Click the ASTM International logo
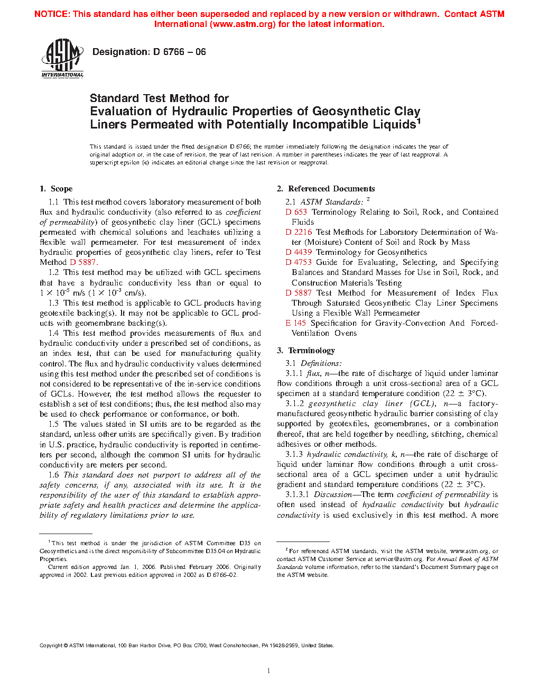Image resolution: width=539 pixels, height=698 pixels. (x=62, y=59)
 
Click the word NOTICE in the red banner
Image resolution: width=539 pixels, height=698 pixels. (x=51, y=14)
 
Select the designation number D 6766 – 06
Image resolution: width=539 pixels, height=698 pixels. (x=179, y=52)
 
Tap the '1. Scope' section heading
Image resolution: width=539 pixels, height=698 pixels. (x=56, y=189)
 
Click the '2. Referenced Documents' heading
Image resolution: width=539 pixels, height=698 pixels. (x=326, y=189)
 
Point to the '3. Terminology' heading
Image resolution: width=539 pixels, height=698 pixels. (x=306, y=351)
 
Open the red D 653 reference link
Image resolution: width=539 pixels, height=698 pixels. (x=296, y=212)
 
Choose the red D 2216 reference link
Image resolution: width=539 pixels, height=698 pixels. (x=299, y=232)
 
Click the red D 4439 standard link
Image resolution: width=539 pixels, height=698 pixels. (x=299, y=252)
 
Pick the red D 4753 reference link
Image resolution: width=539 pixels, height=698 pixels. (x=299, y=262)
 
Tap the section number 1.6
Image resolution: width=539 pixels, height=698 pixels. (x=53, y=475)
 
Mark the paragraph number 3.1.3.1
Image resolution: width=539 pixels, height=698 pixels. (x=296, y=494)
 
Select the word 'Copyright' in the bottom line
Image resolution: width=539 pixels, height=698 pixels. (x=51, y=645)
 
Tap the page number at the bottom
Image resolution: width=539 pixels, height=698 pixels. (x=269, y=671)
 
